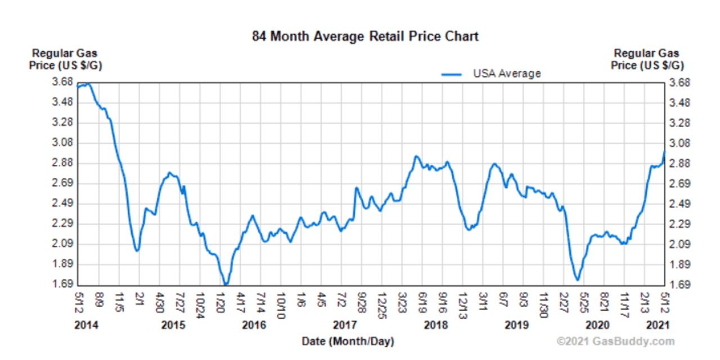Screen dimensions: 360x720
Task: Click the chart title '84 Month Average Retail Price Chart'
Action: (x=365, y=37)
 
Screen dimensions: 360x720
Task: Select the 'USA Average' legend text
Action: (x=506, y=74)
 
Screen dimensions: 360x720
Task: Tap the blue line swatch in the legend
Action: (x=452, y=74)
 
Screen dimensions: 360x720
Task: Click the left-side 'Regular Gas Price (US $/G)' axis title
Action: (x=65, y=59)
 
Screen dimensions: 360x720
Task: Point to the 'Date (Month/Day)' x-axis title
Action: (x=348, y=341)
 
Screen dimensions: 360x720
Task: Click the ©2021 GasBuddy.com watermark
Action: (x=615, y=341)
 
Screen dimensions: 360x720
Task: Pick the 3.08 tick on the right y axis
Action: (x=681, y=143)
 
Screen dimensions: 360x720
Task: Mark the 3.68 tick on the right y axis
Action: (x=681, y=83)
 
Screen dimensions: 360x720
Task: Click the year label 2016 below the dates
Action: (x=254, y=326)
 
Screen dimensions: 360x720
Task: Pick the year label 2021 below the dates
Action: (x=658, y=326)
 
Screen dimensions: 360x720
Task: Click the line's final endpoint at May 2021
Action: (x=665, y=151)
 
